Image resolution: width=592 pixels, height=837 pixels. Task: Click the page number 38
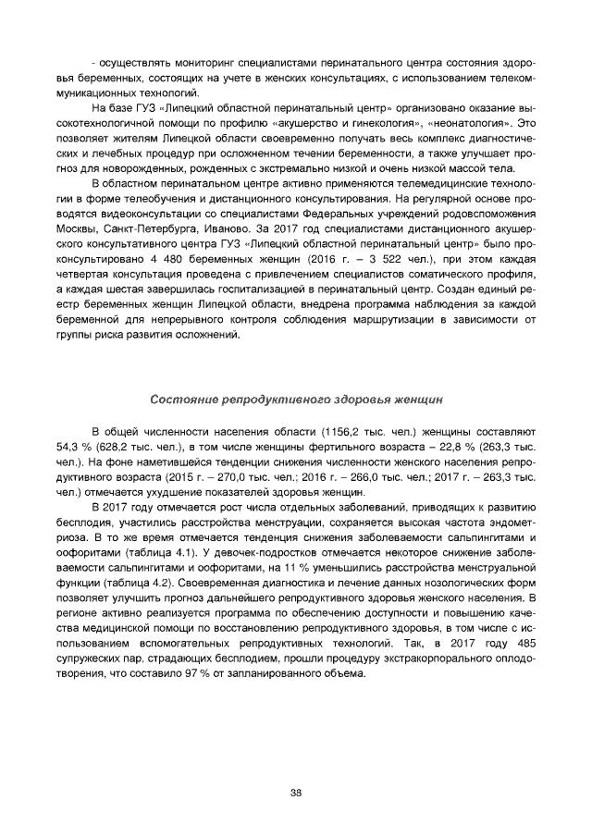coord(296,794)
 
